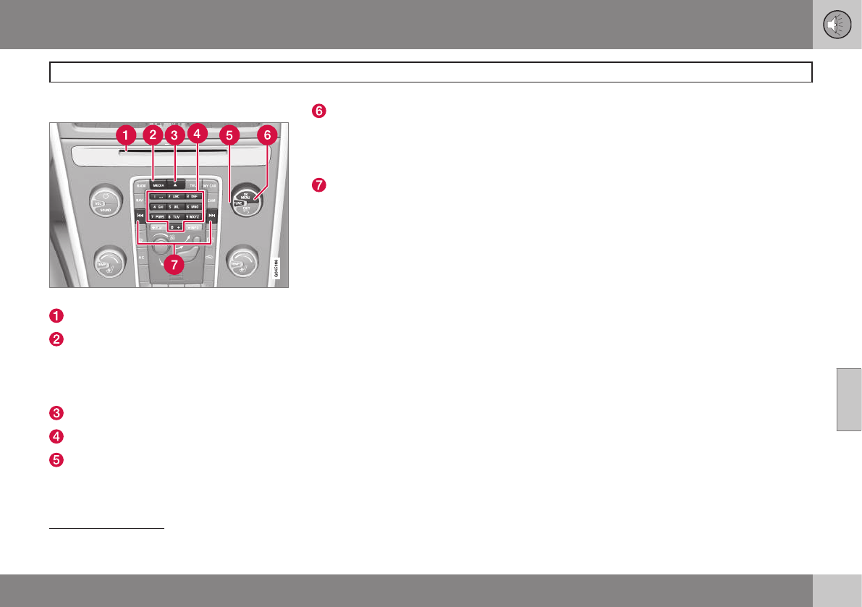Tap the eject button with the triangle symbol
175,185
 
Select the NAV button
140,200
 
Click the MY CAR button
210,186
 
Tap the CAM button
211,200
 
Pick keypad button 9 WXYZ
193,216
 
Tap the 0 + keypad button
175,226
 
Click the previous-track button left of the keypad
140,216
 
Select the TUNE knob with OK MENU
246,203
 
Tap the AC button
141,257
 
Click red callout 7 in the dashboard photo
173,264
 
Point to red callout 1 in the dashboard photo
126,135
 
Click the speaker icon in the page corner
837,25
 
